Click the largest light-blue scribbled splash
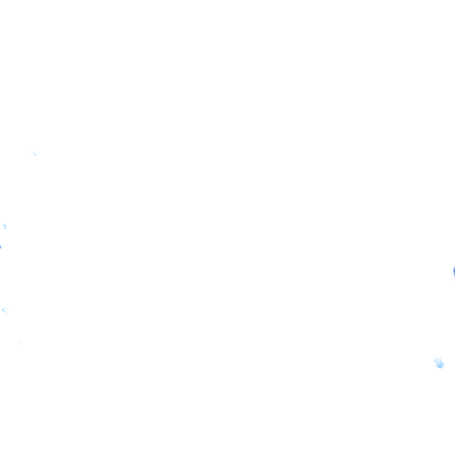[439, 363]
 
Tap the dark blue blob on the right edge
[453, 271]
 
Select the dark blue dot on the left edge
[1, 247]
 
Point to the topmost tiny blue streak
[34, 153]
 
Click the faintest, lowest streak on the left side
[21, 342]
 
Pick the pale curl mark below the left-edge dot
[5, 310]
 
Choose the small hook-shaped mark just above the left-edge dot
[5, 226]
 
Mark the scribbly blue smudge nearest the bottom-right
[439, 363]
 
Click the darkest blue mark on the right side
[453, 271]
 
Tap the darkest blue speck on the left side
[1, 247]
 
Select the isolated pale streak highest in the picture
[34, 153]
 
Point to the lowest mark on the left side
[21, 342]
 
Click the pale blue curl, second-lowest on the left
[5, 310]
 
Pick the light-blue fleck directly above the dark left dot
[5, 226]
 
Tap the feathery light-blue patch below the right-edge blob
[439, 363]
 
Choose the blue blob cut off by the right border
[453, 271]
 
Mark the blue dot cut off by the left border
[1, 247]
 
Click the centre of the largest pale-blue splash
[439, 363]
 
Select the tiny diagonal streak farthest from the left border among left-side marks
[34, 153]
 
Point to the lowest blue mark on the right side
[439, 363]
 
